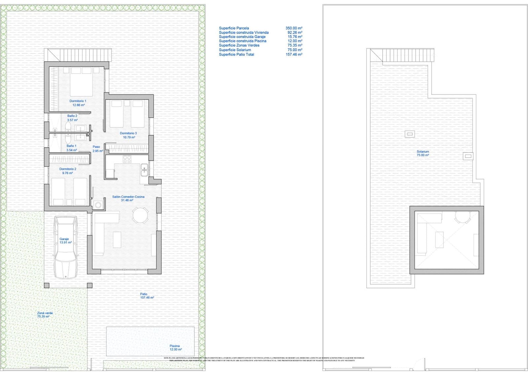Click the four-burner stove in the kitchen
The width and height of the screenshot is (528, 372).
pyautogui.click(x=127, y=159)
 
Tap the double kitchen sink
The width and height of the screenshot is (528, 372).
pyautogui.click(x=144, y=170)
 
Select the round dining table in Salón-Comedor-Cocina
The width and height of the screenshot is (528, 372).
pyautogui.click(x=141, y=215)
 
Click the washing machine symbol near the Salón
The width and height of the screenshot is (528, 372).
pyautogui.click(x=98, y=205)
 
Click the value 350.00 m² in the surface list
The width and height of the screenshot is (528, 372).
pyautogui.click(x=294, y=28)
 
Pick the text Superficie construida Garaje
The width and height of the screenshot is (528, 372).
pyautogui.click(x=242, y=37)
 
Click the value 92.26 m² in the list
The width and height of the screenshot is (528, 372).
pyautogui.click(x=295, y=33)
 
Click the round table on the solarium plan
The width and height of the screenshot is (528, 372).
pyautogui.click(x=463, y=216)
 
